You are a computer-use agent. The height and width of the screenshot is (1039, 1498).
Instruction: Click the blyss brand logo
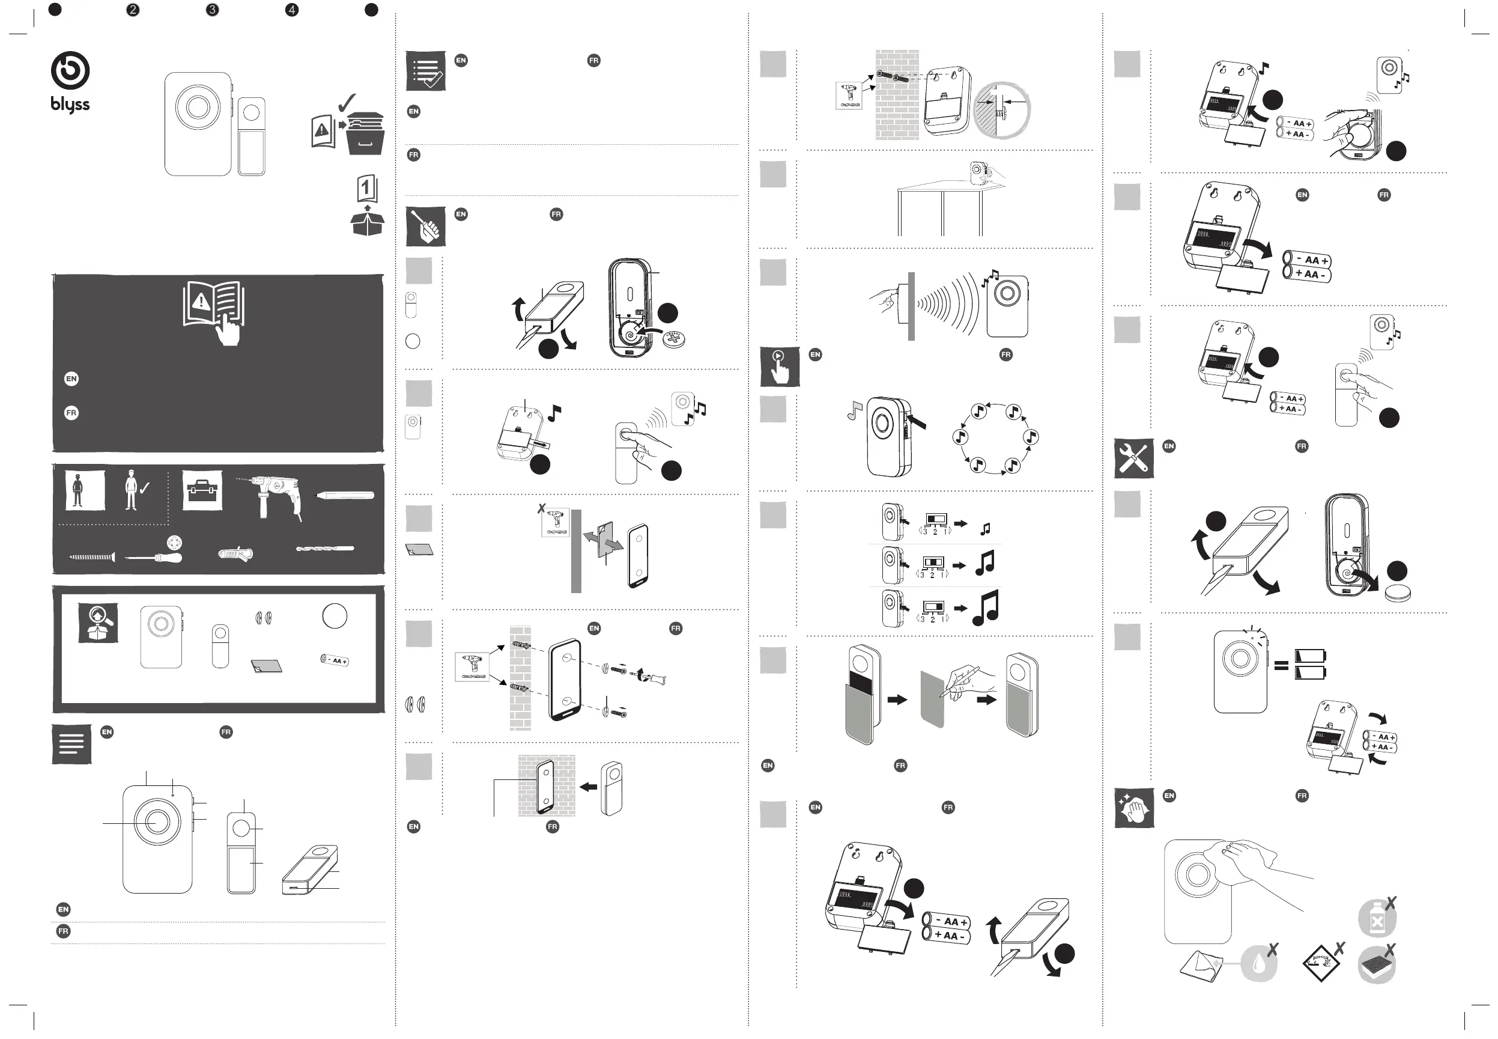tap(70, 82)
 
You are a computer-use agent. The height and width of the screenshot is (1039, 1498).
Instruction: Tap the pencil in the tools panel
tap(345, 495)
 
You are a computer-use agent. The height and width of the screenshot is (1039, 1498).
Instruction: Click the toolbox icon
tap(202, 490)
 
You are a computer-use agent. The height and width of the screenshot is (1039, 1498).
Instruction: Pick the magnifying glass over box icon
tap(98, 623)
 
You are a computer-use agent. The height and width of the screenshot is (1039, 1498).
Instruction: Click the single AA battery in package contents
tap(335, 660)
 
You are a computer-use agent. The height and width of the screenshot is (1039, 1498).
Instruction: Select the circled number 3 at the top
tap(212, 10)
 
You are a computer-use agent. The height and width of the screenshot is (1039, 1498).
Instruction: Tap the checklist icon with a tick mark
tap(426, 71)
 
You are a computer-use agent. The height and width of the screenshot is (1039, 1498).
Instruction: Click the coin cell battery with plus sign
tap(673, 338)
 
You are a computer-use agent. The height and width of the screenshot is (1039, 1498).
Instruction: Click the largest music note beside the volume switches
tap(986, 608)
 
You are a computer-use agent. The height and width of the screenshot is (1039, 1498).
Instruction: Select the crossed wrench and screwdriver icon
tap(1133, 459)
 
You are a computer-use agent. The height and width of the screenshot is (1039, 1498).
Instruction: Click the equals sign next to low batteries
tap(1281, 665)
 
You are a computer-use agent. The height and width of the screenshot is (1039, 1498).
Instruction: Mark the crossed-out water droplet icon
tap(1260, 962)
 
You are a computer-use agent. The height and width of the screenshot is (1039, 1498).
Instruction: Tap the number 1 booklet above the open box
tap(367, 189)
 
